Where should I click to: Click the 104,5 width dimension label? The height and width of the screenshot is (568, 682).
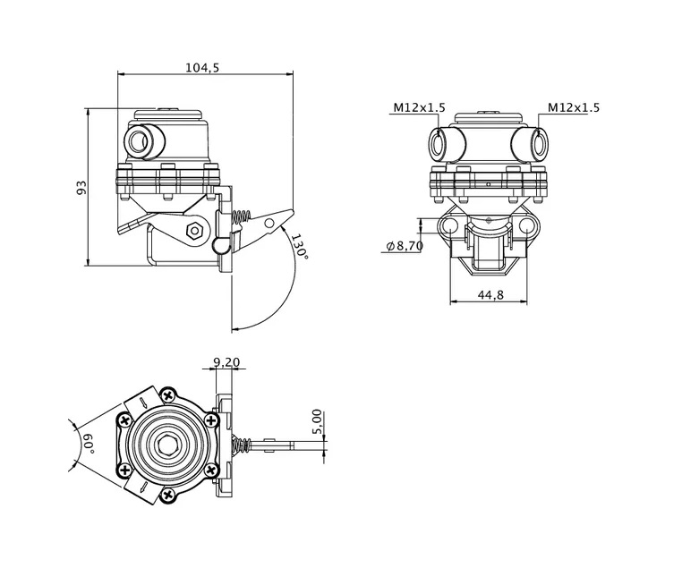202,68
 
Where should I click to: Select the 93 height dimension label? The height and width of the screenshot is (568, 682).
81,187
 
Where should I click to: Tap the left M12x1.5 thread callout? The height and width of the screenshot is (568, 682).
420,107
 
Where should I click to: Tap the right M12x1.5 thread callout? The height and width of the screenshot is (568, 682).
574,107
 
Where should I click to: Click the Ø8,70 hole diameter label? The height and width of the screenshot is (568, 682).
405,246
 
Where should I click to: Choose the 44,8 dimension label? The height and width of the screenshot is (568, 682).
490,294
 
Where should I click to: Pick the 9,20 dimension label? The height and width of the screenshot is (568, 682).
226,361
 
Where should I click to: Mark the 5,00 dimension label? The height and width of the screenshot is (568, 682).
317,421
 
